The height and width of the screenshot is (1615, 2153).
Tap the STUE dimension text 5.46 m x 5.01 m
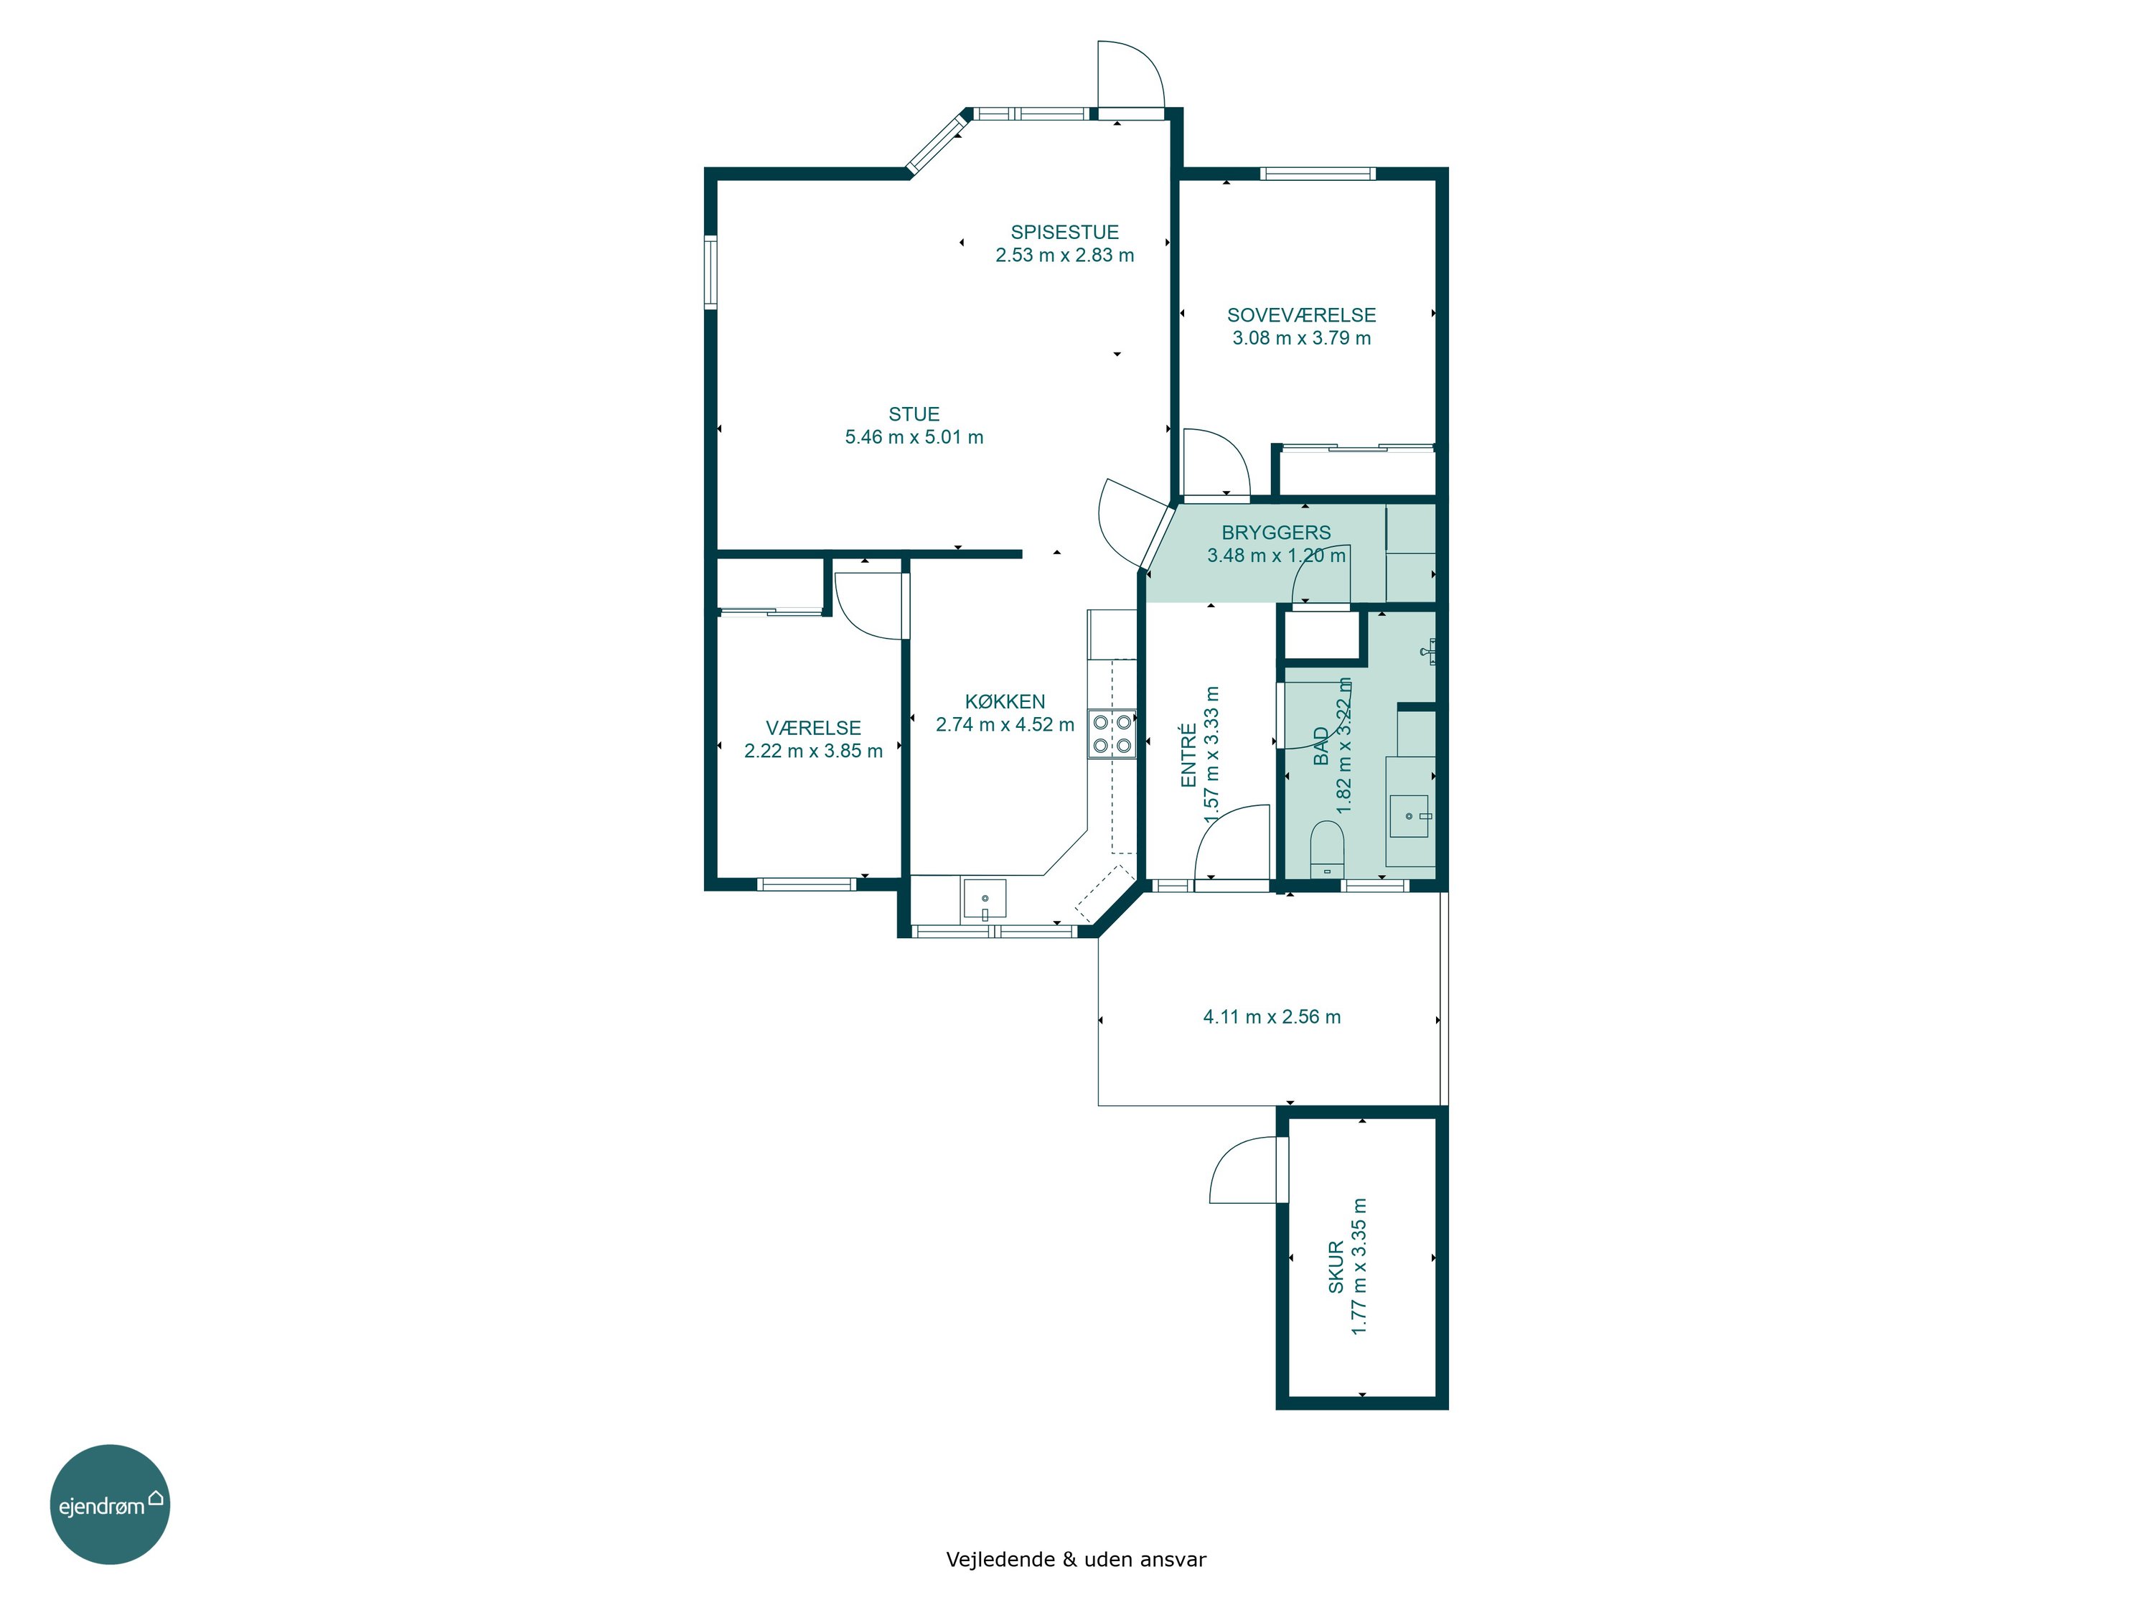pyautogui.click(x=914, y=437)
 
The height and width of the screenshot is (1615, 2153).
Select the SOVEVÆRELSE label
pyautogui.click(x=1301, y=314)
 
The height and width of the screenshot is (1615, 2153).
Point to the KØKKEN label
pyautogui.click(x=1005, y=701)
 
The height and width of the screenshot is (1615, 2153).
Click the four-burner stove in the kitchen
pyautogui.click(x=1112, y=733)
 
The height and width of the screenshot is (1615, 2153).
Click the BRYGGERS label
pyautogui.click(x=1276, y=533)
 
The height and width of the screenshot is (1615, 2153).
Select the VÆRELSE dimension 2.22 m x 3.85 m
pyautogui.click(x=814, y=751)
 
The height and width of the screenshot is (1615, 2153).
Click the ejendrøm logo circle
pyautogui.click(x=110, y=1504)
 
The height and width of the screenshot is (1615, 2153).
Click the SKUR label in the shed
pyautogui.click(x=1336, y=1266)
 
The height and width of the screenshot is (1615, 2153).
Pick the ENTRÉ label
pyautogui.click(x=1188, y=754)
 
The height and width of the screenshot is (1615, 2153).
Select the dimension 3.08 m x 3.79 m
pyautogui.click(x=1301, y=338)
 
